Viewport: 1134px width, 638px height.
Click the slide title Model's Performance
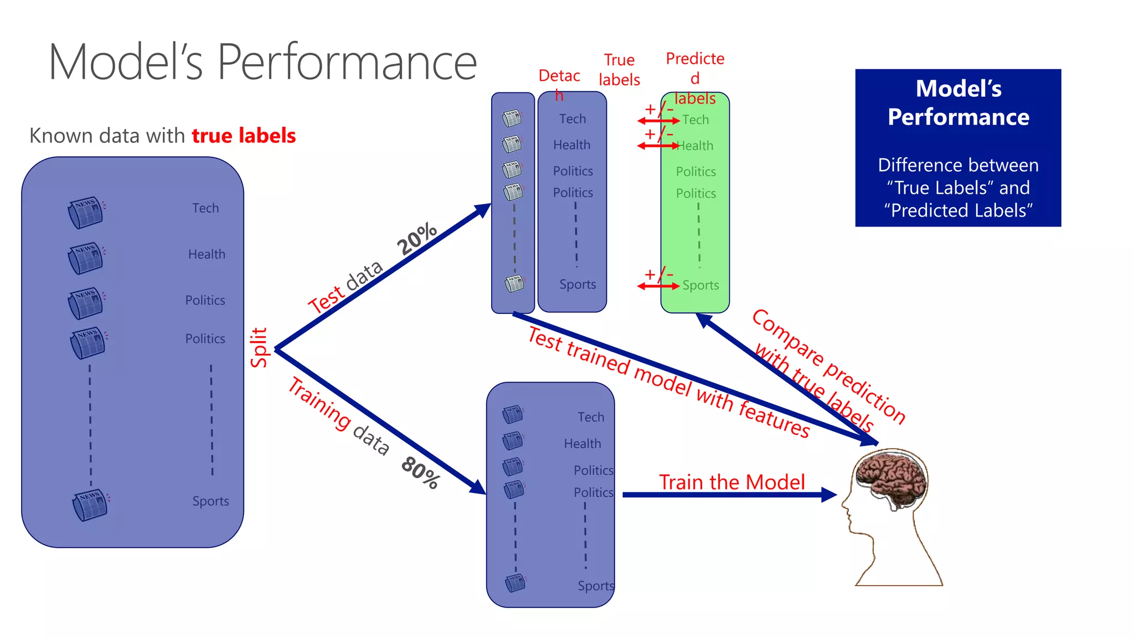coord(262,62)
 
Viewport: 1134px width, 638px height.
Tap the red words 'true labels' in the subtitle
coord(244,136)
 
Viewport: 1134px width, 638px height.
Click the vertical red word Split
coord(259,347)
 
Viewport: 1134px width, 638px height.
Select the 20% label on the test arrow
coord(417,239)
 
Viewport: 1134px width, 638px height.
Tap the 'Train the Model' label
coord(731,482)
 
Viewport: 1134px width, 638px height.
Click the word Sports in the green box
coord(700,285)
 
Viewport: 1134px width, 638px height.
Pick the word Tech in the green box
coord(695,120)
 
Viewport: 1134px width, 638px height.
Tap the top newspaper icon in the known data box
coord(86,212)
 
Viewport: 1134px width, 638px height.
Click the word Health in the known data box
coord(207,254)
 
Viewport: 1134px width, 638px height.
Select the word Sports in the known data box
coord(210,501)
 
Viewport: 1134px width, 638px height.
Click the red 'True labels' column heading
coord(619,70)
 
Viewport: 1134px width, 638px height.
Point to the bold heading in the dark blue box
coord(958,103)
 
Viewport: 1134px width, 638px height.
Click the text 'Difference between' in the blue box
coord(958,165)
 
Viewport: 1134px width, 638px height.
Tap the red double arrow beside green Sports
coord(658,286)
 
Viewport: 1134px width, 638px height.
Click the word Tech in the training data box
coord(591,417)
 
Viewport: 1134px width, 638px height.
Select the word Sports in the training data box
coord(595,586)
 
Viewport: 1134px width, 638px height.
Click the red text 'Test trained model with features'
coord(669,382)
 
